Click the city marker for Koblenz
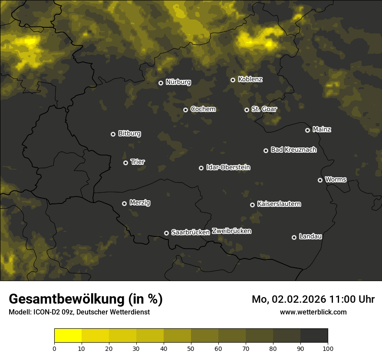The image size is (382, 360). click(233, 80)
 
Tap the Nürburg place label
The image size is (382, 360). click(178, 82)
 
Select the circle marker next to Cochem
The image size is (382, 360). click(185, 110)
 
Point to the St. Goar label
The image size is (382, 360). click(264, 109)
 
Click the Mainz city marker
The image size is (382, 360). click(307, 130)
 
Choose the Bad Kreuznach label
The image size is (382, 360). click(293, 150)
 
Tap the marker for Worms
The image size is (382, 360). click(320, 180)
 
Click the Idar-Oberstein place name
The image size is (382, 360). click(228, 167)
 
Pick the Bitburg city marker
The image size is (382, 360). click(113, 134)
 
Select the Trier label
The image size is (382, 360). click(138, 162)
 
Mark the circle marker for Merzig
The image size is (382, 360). click(124, 203)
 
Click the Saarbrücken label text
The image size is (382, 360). click(190, 232)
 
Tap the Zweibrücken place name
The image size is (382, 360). click(231, 231)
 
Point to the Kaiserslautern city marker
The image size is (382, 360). click(252, 205)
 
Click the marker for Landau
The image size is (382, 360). click(294, 237)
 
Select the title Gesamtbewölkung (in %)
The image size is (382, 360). click(86, 299)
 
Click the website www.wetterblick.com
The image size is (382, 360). click(313, 312)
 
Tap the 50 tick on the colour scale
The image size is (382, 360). click(191, 348)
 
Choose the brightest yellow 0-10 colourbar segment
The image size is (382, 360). click(68, 336)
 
